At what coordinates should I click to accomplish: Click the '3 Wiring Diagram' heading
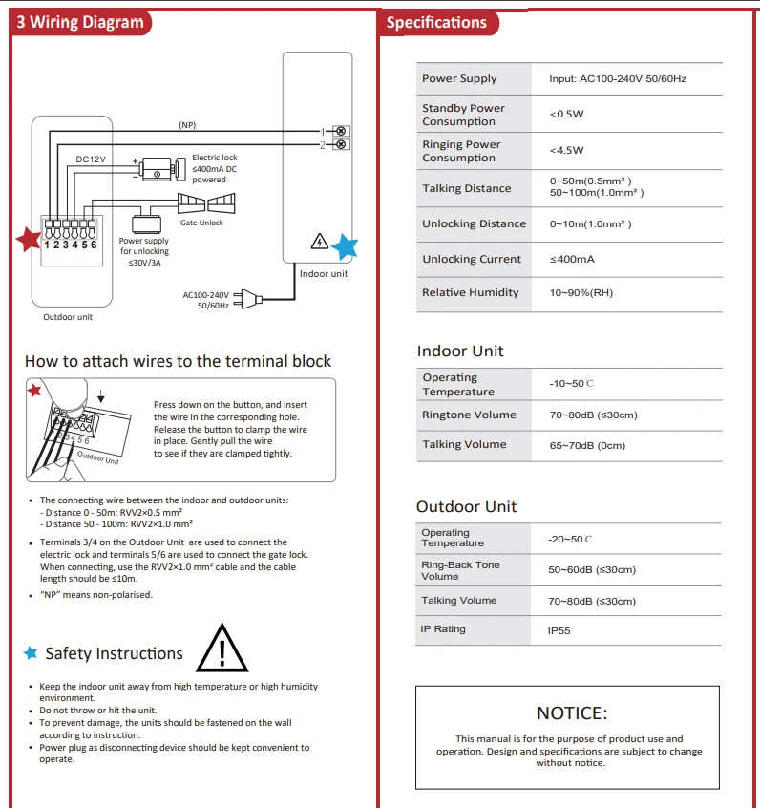80,22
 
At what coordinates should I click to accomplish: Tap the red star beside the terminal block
29,239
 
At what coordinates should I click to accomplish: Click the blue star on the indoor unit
345,246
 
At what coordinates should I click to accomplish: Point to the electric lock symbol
159,169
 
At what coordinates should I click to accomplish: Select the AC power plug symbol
248,298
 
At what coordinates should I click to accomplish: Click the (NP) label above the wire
187,125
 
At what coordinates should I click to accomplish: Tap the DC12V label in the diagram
91,159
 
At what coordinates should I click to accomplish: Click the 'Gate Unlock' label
201,223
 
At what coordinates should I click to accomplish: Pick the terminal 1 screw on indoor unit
341,131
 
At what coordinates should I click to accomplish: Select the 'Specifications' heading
436,23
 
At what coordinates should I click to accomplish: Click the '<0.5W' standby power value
566,114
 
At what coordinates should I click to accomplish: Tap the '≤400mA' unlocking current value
572,259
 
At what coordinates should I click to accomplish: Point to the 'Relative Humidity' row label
471,292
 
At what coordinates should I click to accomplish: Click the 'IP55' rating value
559,630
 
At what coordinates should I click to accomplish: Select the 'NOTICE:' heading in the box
572,713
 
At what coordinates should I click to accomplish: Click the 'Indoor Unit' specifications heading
460,351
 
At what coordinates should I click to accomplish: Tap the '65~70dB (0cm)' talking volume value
587,445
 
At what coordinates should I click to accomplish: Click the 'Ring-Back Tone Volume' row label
460,570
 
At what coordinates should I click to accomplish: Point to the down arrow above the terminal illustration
101,395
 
